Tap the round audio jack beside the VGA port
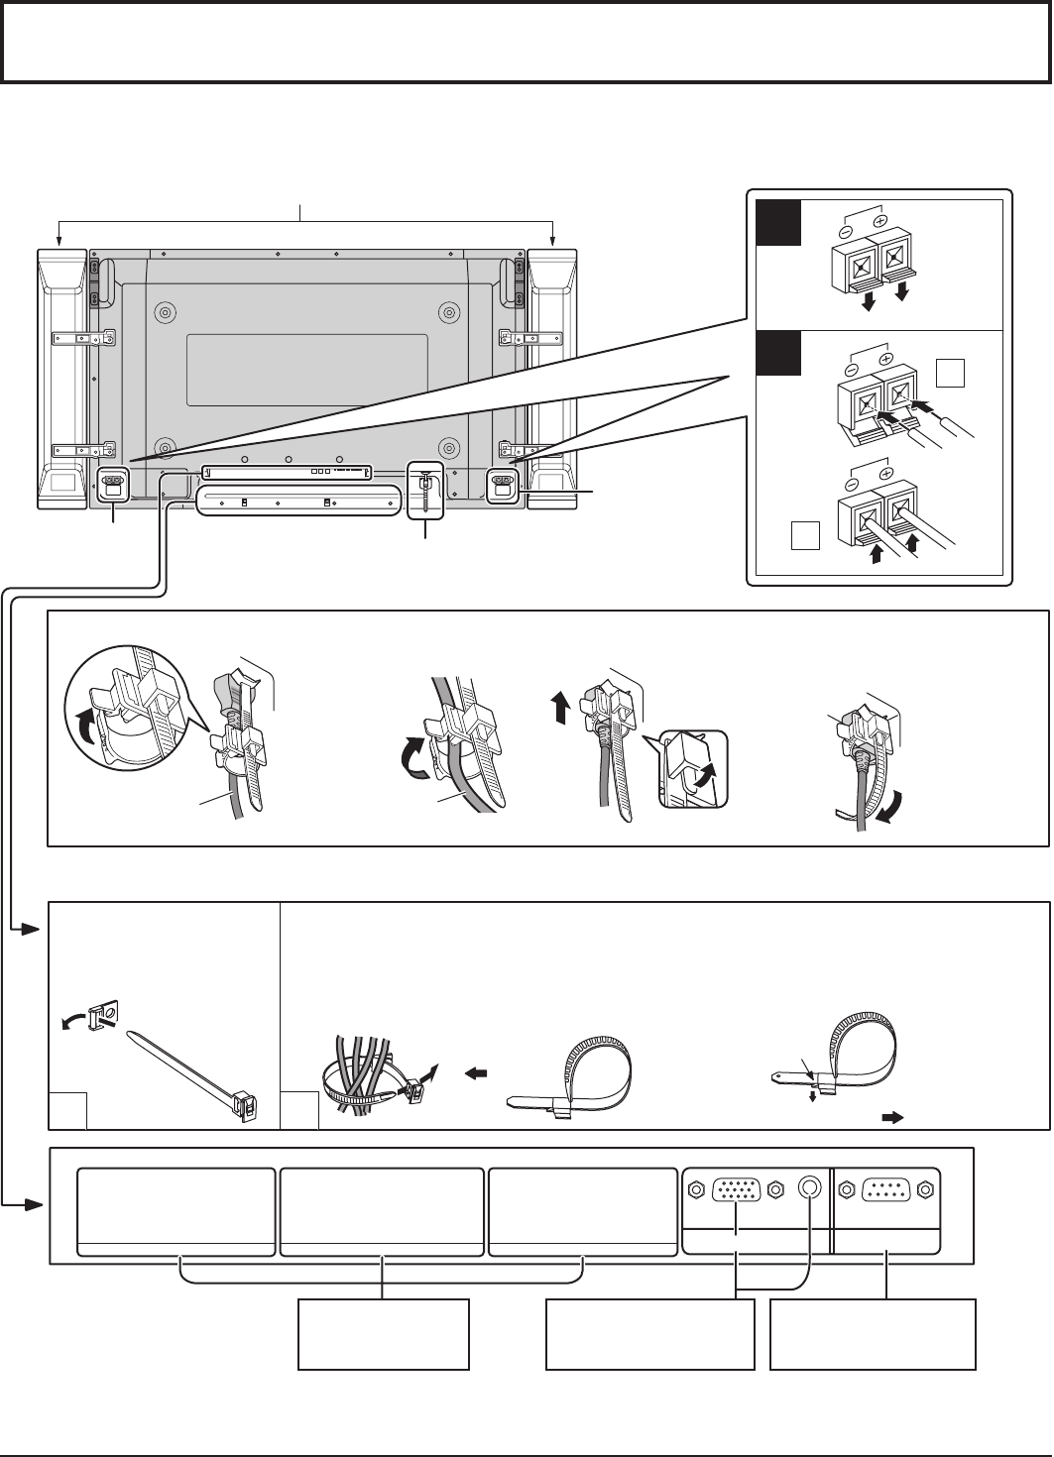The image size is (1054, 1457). (812, 1187)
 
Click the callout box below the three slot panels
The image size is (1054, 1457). (384, 1334)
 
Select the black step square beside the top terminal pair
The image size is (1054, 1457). (778, 222)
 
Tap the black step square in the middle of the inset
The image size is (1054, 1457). (778, 354)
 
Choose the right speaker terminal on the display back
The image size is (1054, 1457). (502, 484)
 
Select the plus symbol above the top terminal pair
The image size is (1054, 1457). (878, 213)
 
